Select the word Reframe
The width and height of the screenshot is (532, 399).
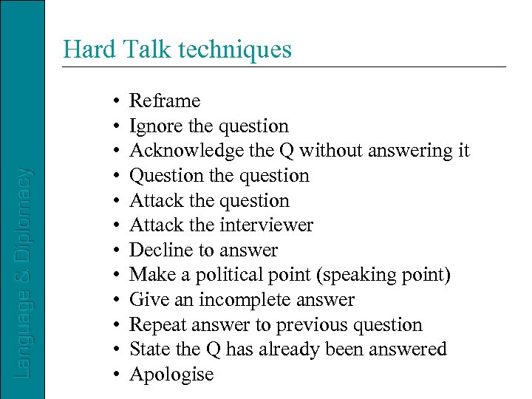(165, 101)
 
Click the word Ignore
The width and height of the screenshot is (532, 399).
(156, 126)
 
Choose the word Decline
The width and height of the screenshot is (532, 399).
(159, 250)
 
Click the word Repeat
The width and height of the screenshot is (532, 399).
(157, 325)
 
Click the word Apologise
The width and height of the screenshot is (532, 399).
(171, 375)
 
